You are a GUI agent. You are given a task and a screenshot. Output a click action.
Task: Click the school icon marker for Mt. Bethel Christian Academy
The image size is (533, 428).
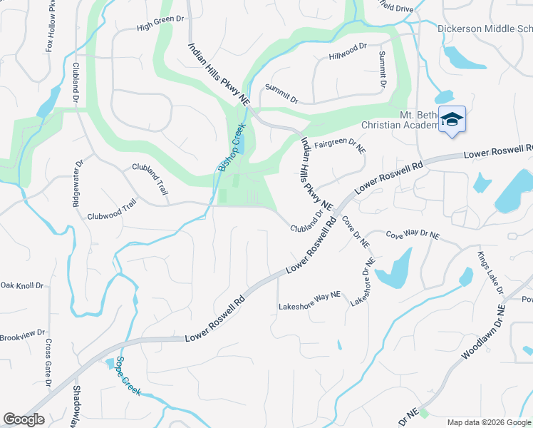pos(452,119)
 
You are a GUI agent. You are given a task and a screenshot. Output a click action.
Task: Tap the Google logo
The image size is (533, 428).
pos(24,419)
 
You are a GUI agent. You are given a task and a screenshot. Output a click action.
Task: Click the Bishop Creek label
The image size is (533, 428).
pos(231,147)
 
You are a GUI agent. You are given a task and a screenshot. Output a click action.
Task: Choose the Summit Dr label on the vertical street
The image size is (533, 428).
pos(383,69)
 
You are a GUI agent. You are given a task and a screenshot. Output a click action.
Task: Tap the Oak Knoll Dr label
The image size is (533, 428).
pos(21,286)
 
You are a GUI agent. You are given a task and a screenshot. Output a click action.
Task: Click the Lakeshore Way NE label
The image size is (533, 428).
pos(310,302)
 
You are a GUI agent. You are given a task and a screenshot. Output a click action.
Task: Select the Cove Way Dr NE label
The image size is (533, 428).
pos(413,234)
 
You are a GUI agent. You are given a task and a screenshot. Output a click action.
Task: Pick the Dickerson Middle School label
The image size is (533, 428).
pos(484,29)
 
